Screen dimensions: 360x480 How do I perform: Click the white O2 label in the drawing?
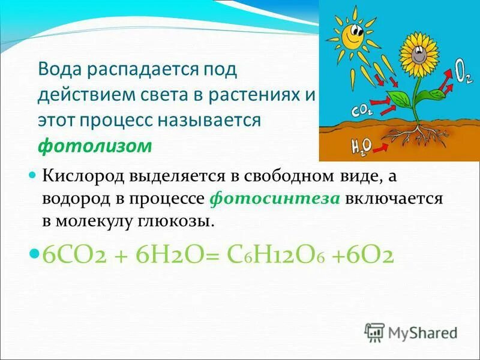pyautogui.click(x=463, y=74)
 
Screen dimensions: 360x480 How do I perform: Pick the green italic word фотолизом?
pyautogui.click(x=95, y=146)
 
